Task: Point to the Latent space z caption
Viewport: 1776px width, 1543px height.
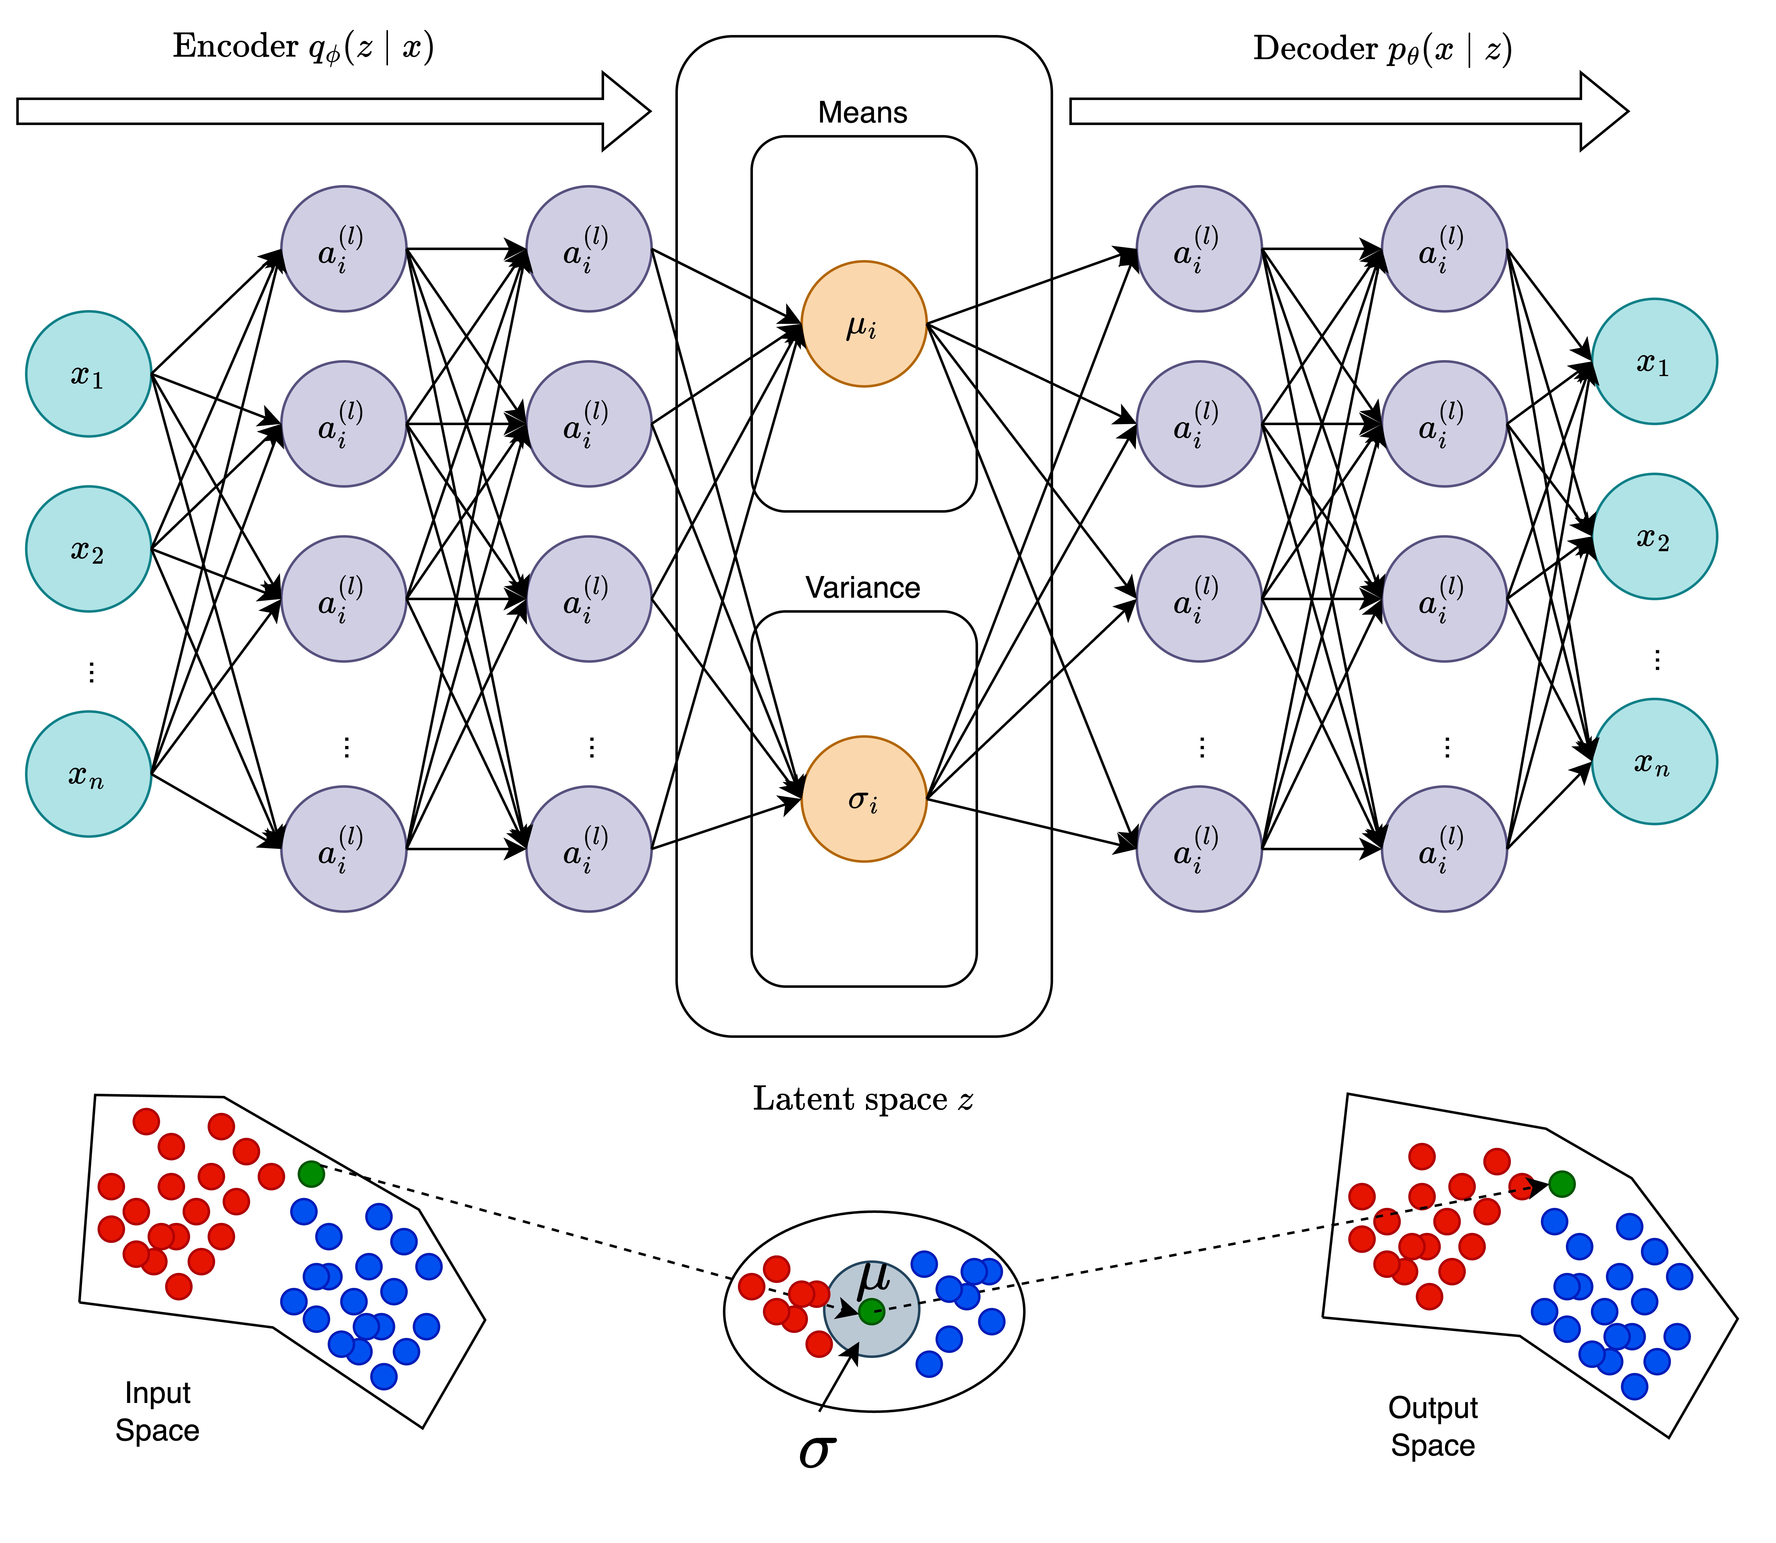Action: coord(863,1100)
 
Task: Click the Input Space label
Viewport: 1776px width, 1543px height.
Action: coord(158,1412)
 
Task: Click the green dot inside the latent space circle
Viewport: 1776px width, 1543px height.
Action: coord(872,1311)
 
